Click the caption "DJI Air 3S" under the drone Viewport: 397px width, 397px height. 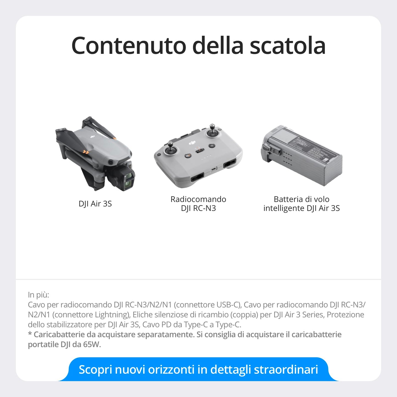pos(95,204)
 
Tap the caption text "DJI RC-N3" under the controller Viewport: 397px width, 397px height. pos(198,208)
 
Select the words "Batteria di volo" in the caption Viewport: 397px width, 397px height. pos(301,199)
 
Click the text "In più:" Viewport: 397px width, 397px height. pos(38,295)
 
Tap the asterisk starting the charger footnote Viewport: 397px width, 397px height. pos(30,334)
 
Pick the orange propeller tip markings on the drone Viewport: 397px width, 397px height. pos(86,151)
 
